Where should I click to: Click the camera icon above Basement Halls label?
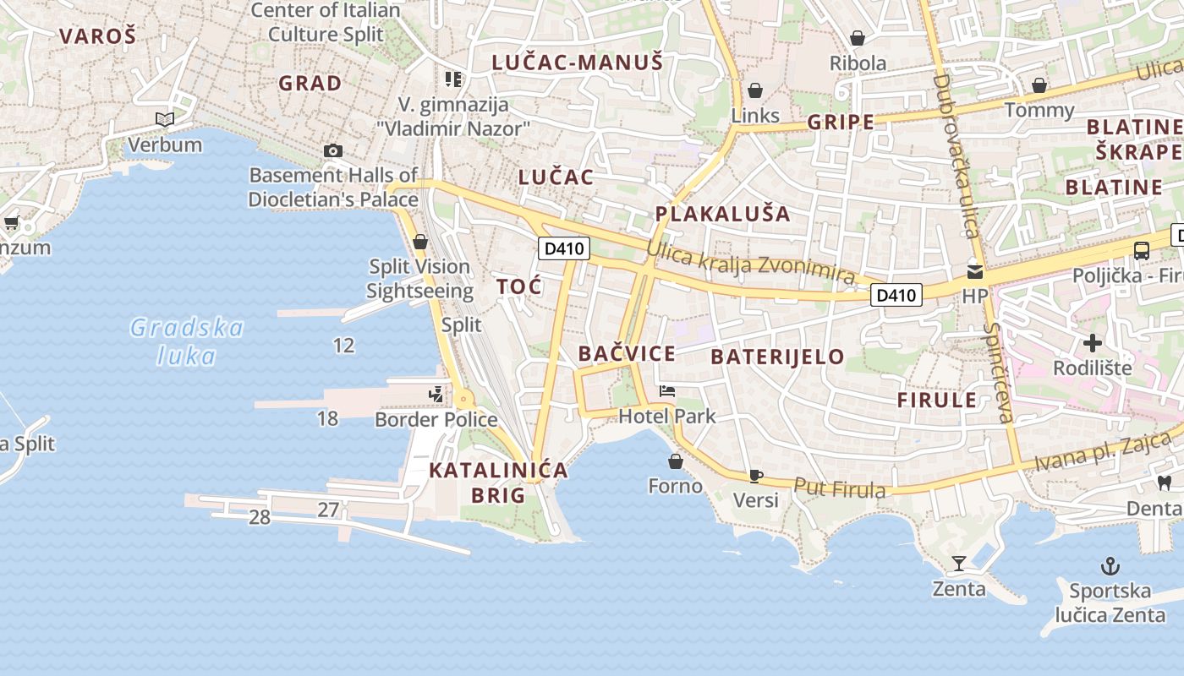[333, 151]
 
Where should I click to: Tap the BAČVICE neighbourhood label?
[627, 353]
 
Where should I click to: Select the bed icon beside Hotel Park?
[667, 391]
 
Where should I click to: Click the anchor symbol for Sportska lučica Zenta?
[1110, 565]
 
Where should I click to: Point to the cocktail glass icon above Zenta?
[959, 563]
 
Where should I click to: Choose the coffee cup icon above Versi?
[756, 476]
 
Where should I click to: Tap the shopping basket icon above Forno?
[675, 461]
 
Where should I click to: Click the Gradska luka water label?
[187, 341]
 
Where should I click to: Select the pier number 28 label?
[260, 517]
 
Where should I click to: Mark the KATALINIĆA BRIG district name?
[498, 482]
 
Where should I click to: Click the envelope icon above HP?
[975, 272]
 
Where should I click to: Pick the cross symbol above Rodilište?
[1093, 343]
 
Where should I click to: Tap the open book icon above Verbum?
[165, 120]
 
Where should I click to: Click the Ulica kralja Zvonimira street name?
[751, 263]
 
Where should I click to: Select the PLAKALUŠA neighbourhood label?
[722, 214]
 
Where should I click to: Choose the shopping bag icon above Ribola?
[858, 38]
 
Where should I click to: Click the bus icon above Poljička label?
[1141, 250]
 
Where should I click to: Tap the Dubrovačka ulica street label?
[956, 156]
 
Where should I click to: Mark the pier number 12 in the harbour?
[343, 345]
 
